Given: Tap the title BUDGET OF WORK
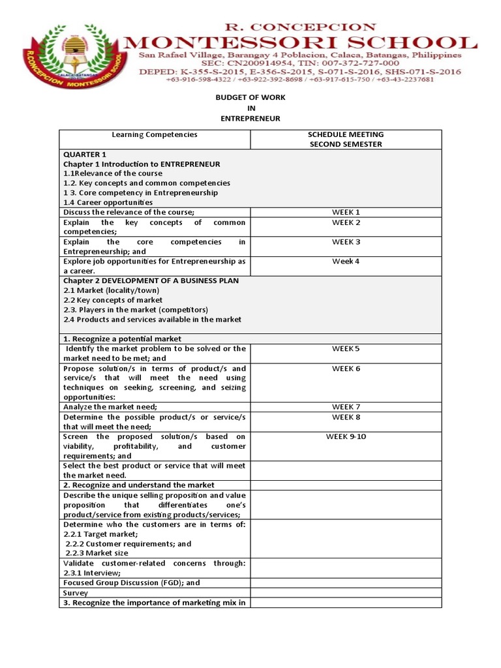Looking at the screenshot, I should (250, 97).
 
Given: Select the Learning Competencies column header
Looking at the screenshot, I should (155, 134).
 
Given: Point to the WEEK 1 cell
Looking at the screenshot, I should (346, 212).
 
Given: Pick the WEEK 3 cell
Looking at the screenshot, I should (346, 242).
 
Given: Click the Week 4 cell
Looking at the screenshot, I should (346, 262).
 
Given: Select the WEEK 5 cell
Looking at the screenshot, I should (346, 349).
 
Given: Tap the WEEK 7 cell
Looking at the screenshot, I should (346, 407).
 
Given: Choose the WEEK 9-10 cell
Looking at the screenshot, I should (346, 436).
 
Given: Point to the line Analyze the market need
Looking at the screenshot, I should (110, 407).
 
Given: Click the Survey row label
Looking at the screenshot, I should (76, 593).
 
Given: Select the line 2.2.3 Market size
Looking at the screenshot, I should (97, 553).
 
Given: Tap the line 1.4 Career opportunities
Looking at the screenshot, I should (108, 202).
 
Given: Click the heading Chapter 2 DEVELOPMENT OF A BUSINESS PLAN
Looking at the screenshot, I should (151, 281).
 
